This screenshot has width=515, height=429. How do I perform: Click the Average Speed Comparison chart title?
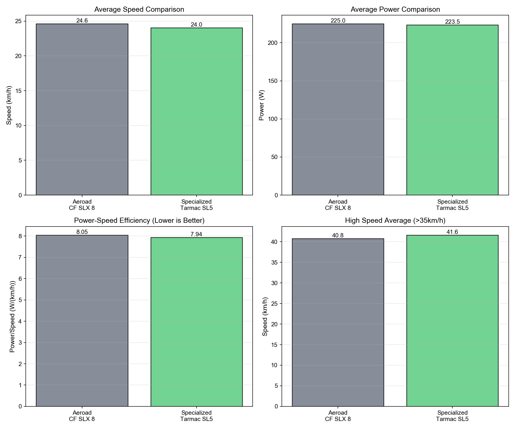tap(139, 9)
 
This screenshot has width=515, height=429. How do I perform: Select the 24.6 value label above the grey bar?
tap(82, 21)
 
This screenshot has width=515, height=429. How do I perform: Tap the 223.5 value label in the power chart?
tap(452, 22)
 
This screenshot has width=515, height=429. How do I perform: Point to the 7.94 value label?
tap(196, 234)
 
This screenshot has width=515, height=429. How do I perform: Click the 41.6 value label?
tap(452, 232)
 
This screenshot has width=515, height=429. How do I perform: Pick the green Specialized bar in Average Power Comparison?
tap(452, 110)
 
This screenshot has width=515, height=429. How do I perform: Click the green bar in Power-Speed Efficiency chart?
tap(196, 322)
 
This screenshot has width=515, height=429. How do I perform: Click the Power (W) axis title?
tap(261, 105)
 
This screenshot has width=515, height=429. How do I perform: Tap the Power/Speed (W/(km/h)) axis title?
tap(12, 316)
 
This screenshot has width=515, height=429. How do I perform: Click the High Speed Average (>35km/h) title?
tap(395, 221)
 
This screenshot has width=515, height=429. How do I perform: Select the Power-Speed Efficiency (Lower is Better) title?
tap(139, 221)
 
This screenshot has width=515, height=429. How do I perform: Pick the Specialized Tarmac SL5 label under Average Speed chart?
tap(196, 205)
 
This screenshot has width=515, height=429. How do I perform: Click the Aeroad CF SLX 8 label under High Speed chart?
tap(338, 416)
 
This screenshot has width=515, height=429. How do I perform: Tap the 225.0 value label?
tap(338, 21)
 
